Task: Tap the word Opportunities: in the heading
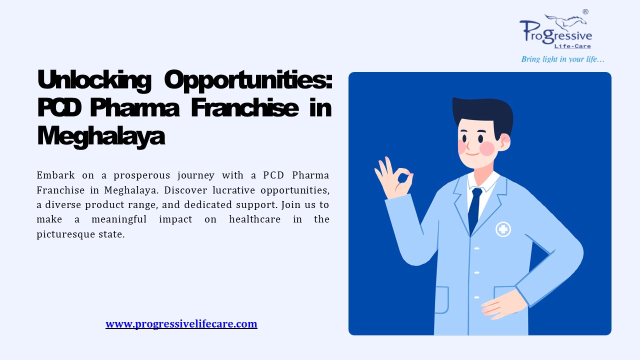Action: [x=248, y=80]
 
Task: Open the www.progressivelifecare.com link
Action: [x=181, y=324]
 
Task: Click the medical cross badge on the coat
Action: [x=503, y=229]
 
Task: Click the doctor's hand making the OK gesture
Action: [x=393, y=177]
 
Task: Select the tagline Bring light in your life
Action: [x=563, y=59]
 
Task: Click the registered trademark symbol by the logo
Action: [x=585, y=11]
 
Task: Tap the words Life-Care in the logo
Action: [x=575, y=46]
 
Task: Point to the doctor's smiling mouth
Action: [x=472, y=152]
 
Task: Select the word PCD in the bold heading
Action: [x=60, y=107]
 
